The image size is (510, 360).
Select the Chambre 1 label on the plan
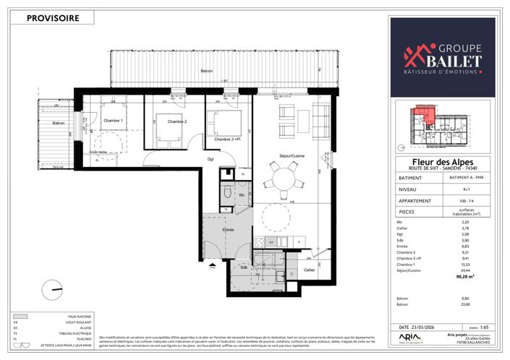coord(112,120)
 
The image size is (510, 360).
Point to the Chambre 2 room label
coord(177,121)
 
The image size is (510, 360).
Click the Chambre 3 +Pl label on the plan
coord(226,139)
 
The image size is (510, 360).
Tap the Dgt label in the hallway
coord(211,159)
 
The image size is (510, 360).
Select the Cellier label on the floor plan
coord(309,269)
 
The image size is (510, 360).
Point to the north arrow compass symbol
coord(52,288)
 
